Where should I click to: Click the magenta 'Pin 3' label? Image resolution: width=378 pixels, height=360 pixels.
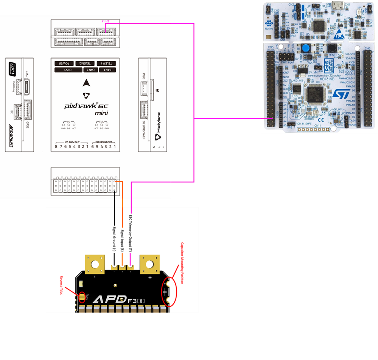click(x=106, y=22)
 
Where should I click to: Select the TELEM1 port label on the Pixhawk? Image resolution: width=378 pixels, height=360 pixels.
click(x=106, y=63)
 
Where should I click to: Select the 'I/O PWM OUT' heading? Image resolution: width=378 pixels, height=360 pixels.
click(x=71, y=142)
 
